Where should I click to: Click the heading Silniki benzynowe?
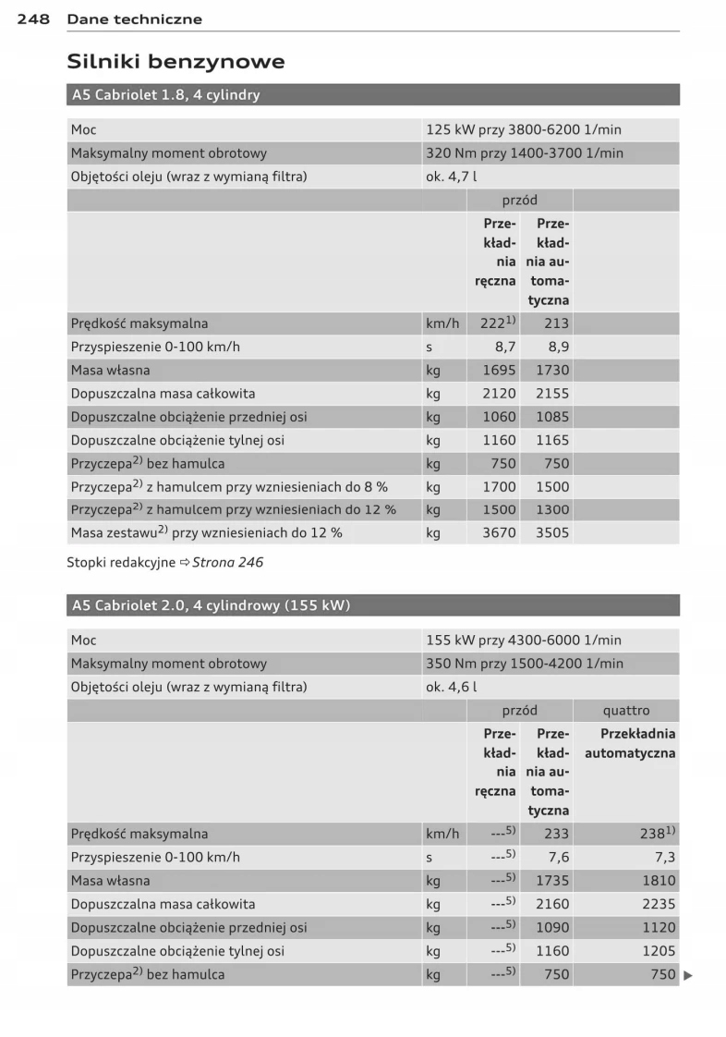(175, 62)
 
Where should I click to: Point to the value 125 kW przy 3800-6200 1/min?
(523, 130)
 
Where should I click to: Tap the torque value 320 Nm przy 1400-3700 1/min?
(524, 153)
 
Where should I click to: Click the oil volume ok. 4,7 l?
(452, 177)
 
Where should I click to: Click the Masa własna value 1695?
(499, 371)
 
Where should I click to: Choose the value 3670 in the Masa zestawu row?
(499, 533)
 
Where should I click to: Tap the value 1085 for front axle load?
(552, 417)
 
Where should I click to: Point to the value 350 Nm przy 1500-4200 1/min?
(524, 664)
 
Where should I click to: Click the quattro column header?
(625, 711)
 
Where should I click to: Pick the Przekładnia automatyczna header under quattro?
(630, 743)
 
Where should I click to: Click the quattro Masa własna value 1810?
(659, 881)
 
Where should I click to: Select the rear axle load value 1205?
(659, 950)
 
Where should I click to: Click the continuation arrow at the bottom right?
(687, 974)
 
